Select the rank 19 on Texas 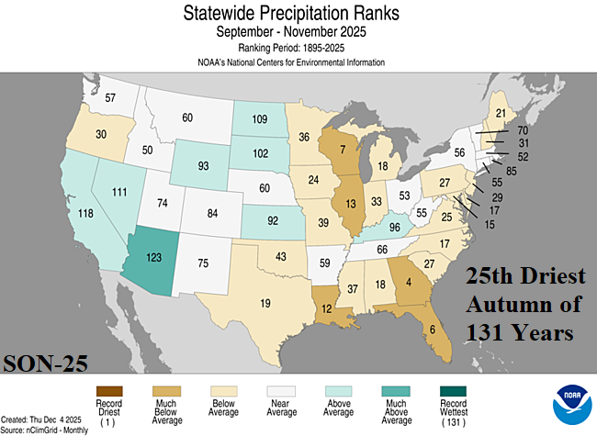[x=265, y=302]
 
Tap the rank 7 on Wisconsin [x=343, y=149]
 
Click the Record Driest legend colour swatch [x=108, y=393]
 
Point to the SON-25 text [x=45, y=362]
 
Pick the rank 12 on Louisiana [x=326, y=309]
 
